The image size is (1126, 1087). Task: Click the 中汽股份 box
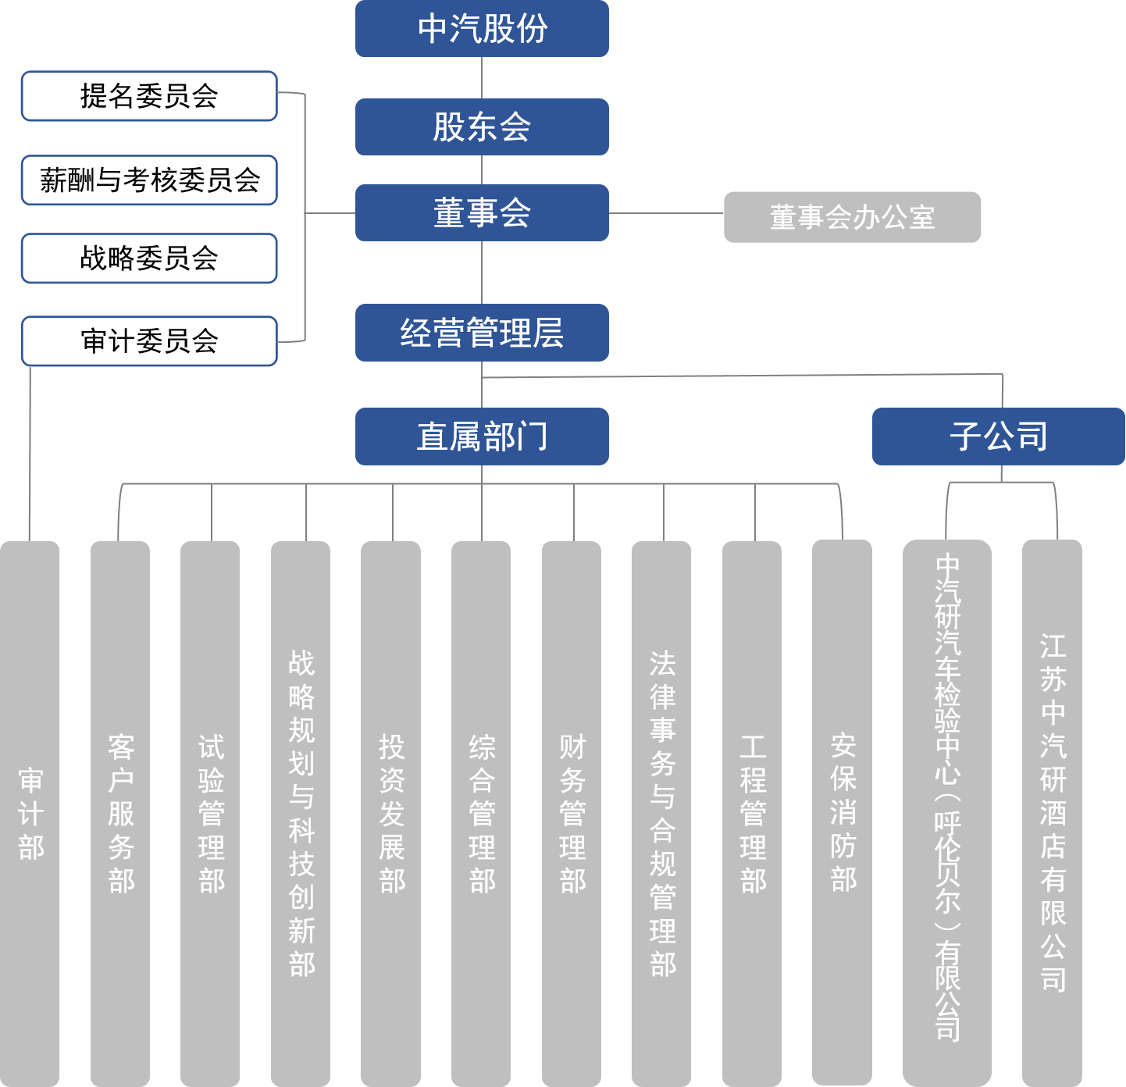[482, 29]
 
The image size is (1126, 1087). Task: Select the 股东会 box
[482, 127]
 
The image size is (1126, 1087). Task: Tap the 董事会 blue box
[482, 212]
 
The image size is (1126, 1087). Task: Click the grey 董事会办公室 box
[852, 217]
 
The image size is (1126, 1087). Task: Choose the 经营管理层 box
[482, 333]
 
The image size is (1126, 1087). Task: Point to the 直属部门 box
[482, 437]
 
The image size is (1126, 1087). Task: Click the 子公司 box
[998, 437]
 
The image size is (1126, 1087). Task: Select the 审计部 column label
[30, 814]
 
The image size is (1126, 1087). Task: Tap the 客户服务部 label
[121, 814]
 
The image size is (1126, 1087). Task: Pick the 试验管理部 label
[211, 814]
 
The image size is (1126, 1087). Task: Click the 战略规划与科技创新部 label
[301, 814]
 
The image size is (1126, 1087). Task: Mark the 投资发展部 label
[391, 814]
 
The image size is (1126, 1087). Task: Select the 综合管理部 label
[482, 814]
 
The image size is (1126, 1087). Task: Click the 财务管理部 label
[572, 814]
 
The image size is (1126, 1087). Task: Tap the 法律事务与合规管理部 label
[662, 814]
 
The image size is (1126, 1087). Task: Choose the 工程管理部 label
[753, 814]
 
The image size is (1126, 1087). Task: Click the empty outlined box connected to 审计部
[149, 341]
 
